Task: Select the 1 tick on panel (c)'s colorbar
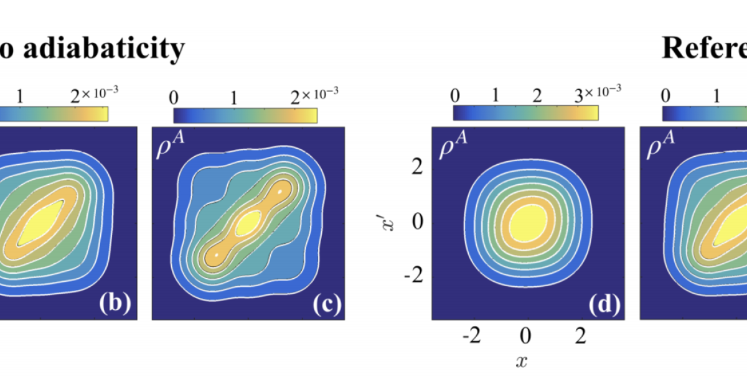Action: coord(233,97)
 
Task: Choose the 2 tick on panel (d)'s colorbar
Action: coord(537,97)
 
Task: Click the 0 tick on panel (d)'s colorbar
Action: coord(454,97)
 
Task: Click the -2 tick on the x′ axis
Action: coord(413,276)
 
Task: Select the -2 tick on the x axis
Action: coord(471,337)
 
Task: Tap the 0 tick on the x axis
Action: coord(527,337)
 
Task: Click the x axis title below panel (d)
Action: coord(522,360)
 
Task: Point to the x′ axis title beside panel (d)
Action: coord(387,222)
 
